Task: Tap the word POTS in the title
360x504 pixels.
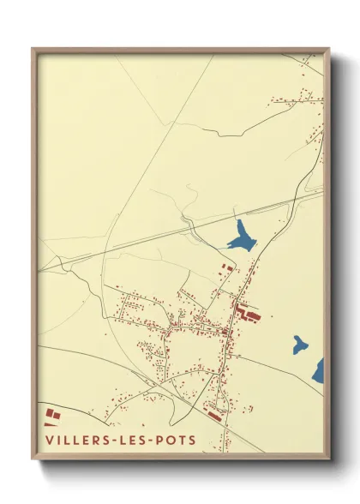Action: pos(175,441)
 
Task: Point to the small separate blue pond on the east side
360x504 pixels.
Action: pos(298,345)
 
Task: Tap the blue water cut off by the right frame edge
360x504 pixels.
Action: pos(320,369)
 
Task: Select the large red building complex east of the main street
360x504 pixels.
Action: pos(249,312)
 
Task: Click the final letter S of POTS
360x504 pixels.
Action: pos(191,441)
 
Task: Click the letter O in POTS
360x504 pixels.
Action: pos(170,441)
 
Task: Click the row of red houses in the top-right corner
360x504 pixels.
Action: pos(296,100)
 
